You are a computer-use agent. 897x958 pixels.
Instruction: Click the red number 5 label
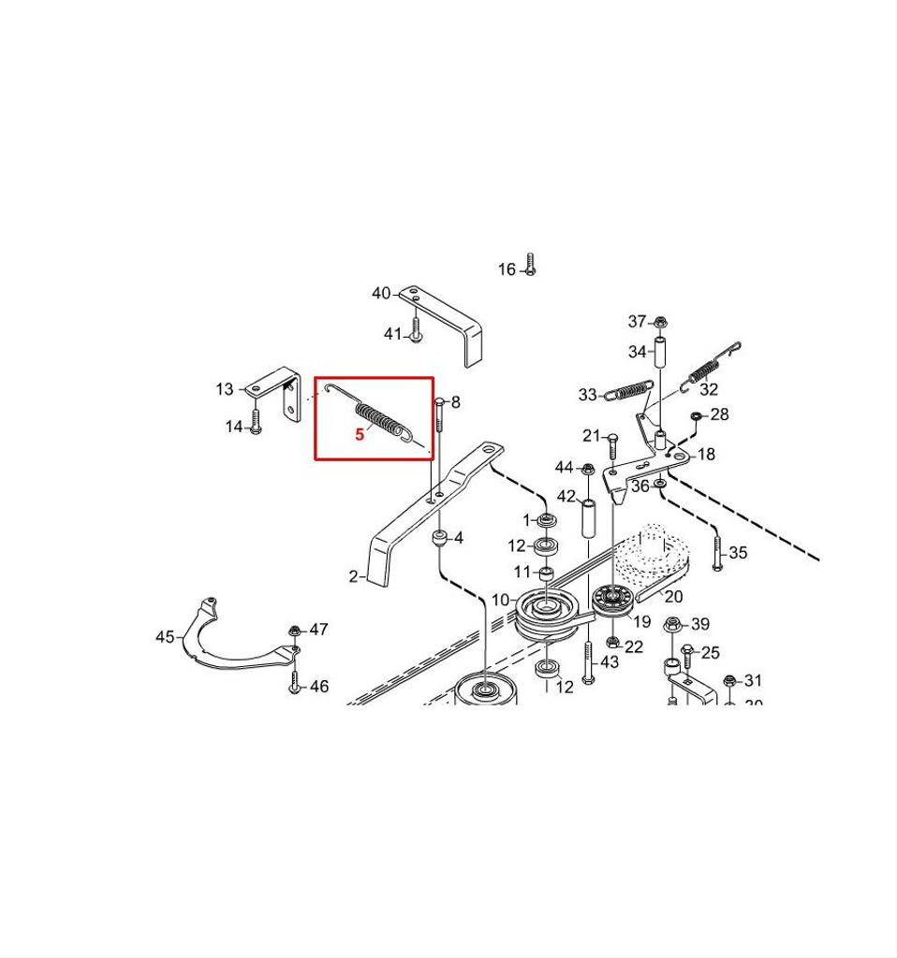coord(360,434)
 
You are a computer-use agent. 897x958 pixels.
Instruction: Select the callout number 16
coord(507,269)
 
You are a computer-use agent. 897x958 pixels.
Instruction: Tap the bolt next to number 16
coord(530,264)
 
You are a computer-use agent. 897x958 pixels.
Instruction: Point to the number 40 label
coord(381,294)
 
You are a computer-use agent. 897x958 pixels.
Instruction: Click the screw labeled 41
coord(416,329)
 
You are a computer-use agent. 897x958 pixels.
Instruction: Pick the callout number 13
coord(225,389)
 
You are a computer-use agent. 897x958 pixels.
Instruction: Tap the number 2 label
coord(354,576)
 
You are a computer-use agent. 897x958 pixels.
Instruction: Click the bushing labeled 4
coord(437,539)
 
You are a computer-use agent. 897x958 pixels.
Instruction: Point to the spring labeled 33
coord(627,390)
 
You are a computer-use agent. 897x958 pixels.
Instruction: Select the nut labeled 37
coord(660,323)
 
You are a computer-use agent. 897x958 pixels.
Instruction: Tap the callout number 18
coord(707,455)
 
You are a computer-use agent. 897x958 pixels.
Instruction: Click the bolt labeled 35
coord(717,551)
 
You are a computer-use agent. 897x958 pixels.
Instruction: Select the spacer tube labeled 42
coord(590,519)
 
